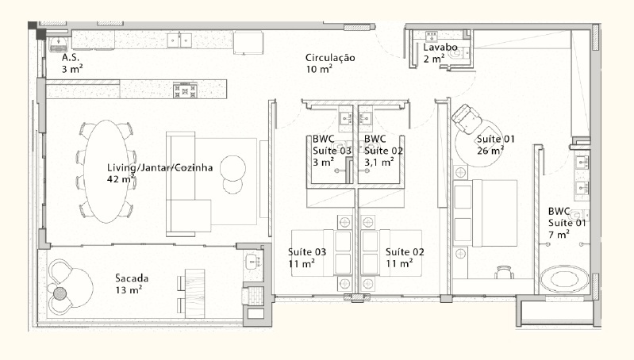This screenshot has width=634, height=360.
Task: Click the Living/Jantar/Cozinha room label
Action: click(150, 174)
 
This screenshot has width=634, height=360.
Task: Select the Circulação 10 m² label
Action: click(330, 63)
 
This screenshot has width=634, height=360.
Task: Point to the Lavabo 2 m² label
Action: click(440, 53)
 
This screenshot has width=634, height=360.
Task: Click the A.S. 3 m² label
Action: click(72, 63)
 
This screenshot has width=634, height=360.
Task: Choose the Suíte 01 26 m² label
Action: click(496, 144)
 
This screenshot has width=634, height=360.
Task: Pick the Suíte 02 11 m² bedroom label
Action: click(405, 257)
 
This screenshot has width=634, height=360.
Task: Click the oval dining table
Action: click(106, 170)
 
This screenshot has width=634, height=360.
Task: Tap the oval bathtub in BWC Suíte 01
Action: click(565, 280)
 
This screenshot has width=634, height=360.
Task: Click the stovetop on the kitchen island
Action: click(184, 90)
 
